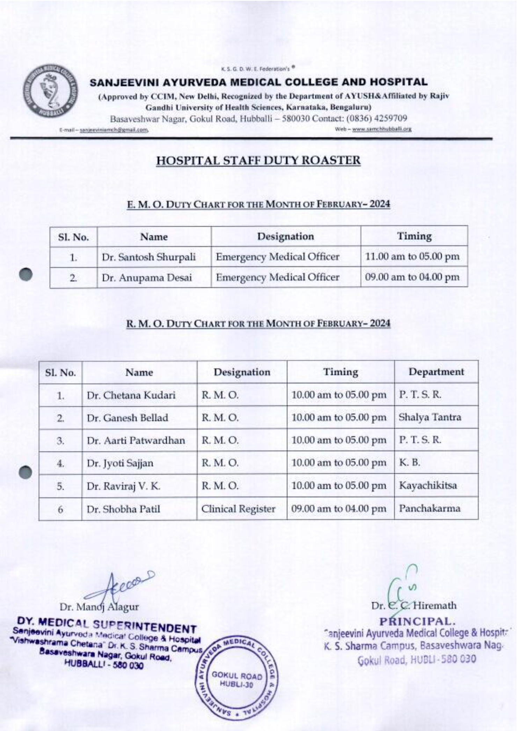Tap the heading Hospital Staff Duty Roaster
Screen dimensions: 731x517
258,161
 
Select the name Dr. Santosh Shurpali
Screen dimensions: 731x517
148,257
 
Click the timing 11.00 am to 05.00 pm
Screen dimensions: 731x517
412,257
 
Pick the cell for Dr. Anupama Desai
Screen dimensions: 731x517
147,278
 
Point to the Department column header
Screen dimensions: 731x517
436,372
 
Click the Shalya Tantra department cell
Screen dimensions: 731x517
430,417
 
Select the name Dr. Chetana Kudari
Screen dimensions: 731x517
131,395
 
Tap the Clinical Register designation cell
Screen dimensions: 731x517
238,509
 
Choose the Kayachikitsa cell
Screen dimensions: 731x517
428,485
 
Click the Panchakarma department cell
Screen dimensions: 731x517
429,508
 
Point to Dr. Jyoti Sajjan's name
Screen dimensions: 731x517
120,463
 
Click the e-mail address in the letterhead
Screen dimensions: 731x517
114,130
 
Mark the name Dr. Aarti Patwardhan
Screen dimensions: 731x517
136,440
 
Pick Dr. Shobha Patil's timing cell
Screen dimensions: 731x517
339,509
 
